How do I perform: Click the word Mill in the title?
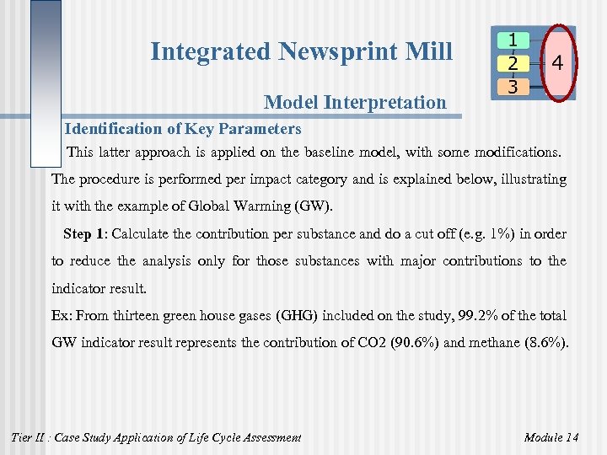tap(431, 52)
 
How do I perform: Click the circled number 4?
tap(557, 63)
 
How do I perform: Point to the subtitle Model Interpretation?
tap(355, 103)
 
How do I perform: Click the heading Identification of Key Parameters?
tap(183, 129)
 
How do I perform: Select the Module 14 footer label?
tap(551, 436)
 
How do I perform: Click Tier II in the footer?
tap(29, 436)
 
